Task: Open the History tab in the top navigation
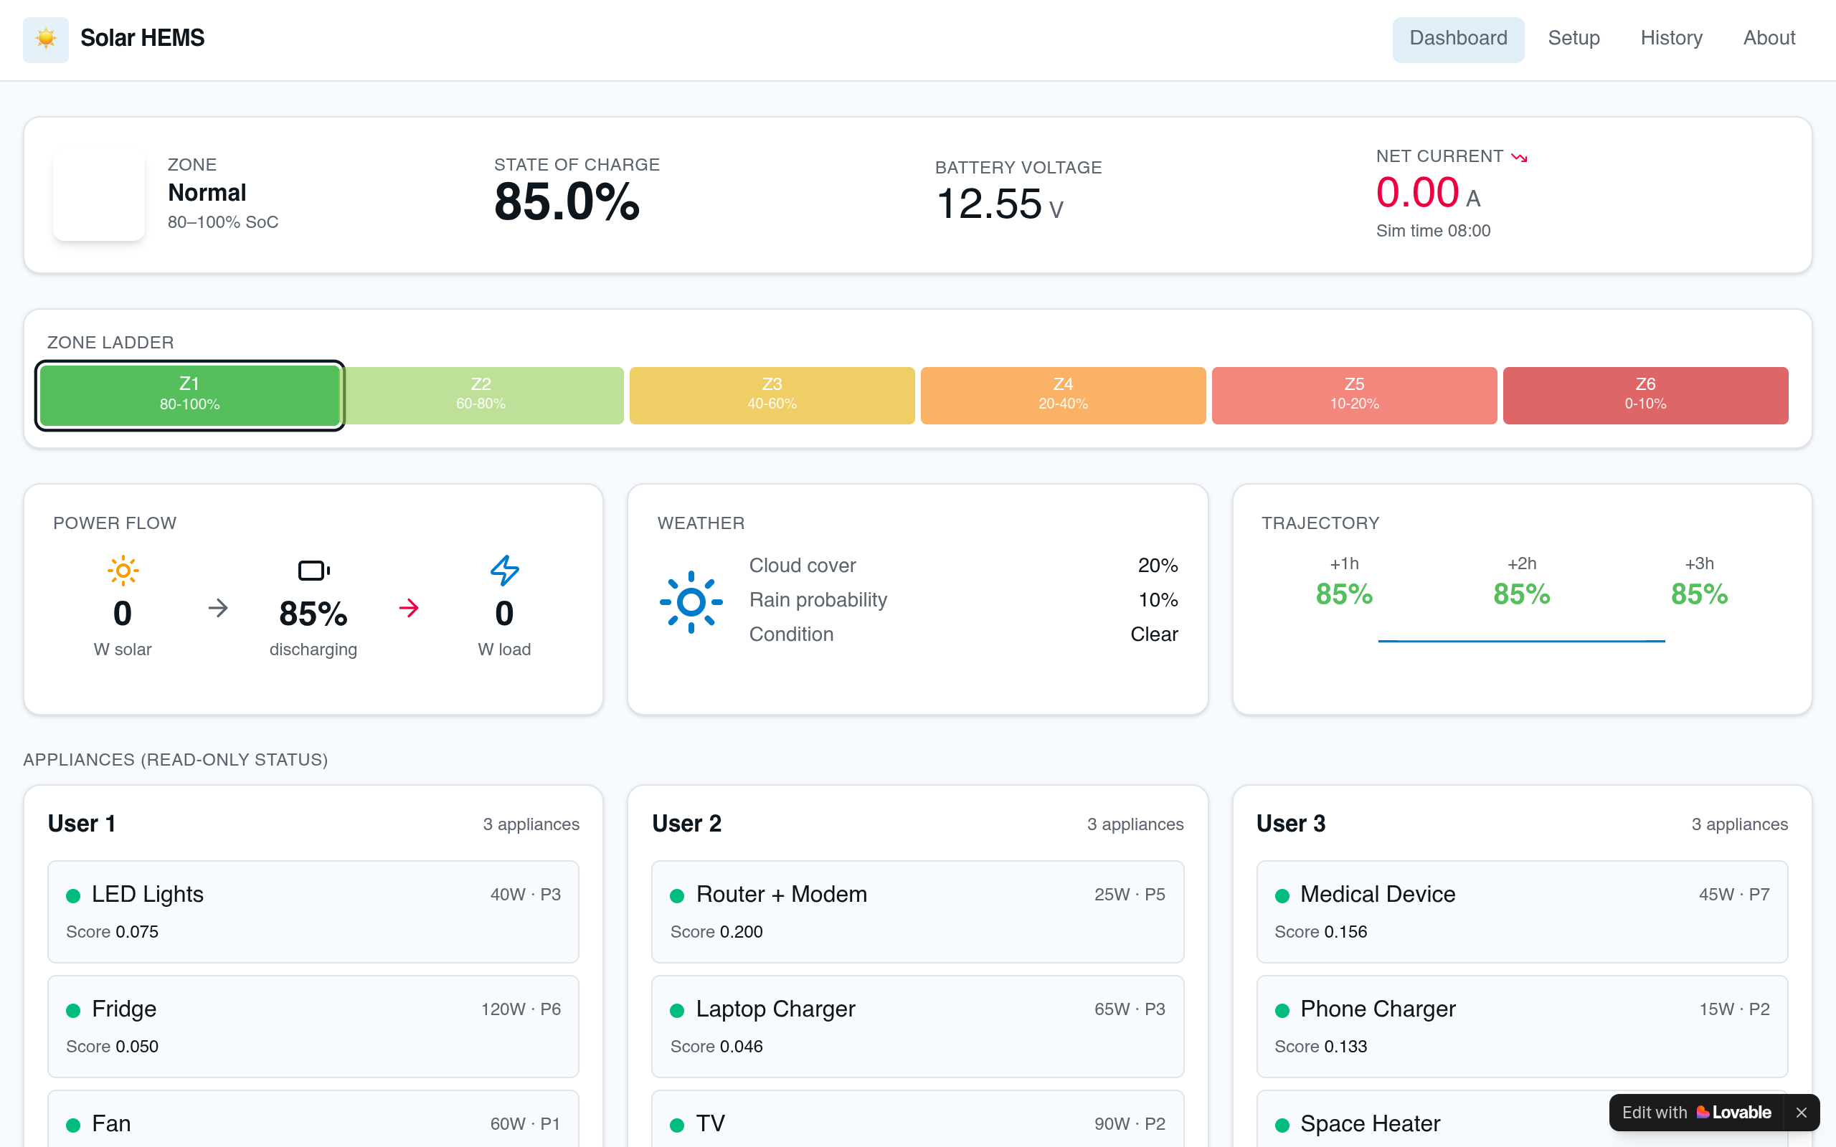click(x=1670, y=38)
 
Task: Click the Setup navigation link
click(x=1574, y=38)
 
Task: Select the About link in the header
click(x=1769, y=38)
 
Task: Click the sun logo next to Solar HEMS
click(x=45, y=39)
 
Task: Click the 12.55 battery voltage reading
click(x=988, y=204)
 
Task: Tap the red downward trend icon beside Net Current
click(x=1519, y=157)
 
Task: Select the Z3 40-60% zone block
click(x=772, y=395)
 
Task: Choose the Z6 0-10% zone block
click(x=1645, y=395)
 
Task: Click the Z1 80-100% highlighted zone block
click(x=189, y=395)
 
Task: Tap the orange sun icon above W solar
click(x=123, y=571)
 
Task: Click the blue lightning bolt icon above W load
click(x=504, y=571)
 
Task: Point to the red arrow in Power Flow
click(x=409, y=608)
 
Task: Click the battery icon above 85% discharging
click(x=313, y=571)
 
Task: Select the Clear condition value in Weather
click(x=1154, y=634)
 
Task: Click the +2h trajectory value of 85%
click(x=1521, y=594)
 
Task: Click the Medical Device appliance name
click(x=1378, y=895)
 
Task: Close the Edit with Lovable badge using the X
click(x=1801, y=1112)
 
